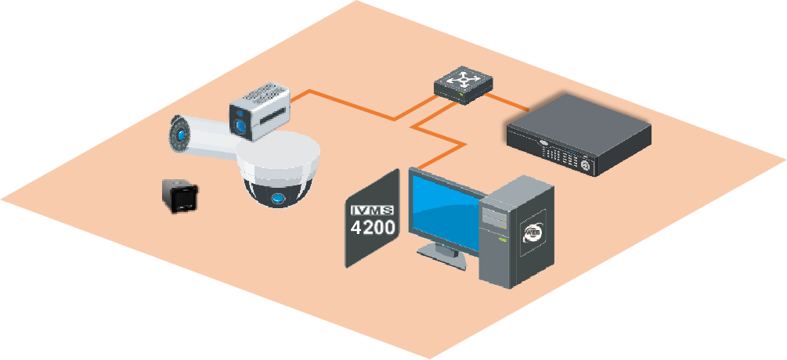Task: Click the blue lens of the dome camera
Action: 276,200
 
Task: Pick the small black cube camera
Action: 179,195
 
